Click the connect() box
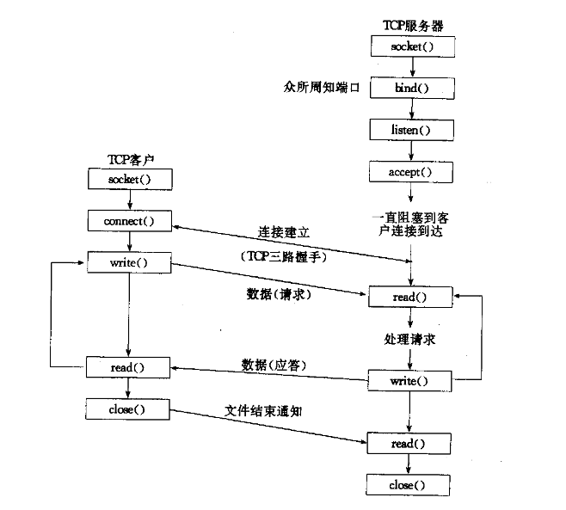[129, 220]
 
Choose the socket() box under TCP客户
[129, 179]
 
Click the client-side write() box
[129, 262]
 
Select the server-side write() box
[409, 380]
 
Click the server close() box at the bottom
[408, 485]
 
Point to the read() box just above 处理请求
[409, 297]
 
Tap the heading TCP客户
[128, 159]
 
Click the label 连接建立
[284, 231]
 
